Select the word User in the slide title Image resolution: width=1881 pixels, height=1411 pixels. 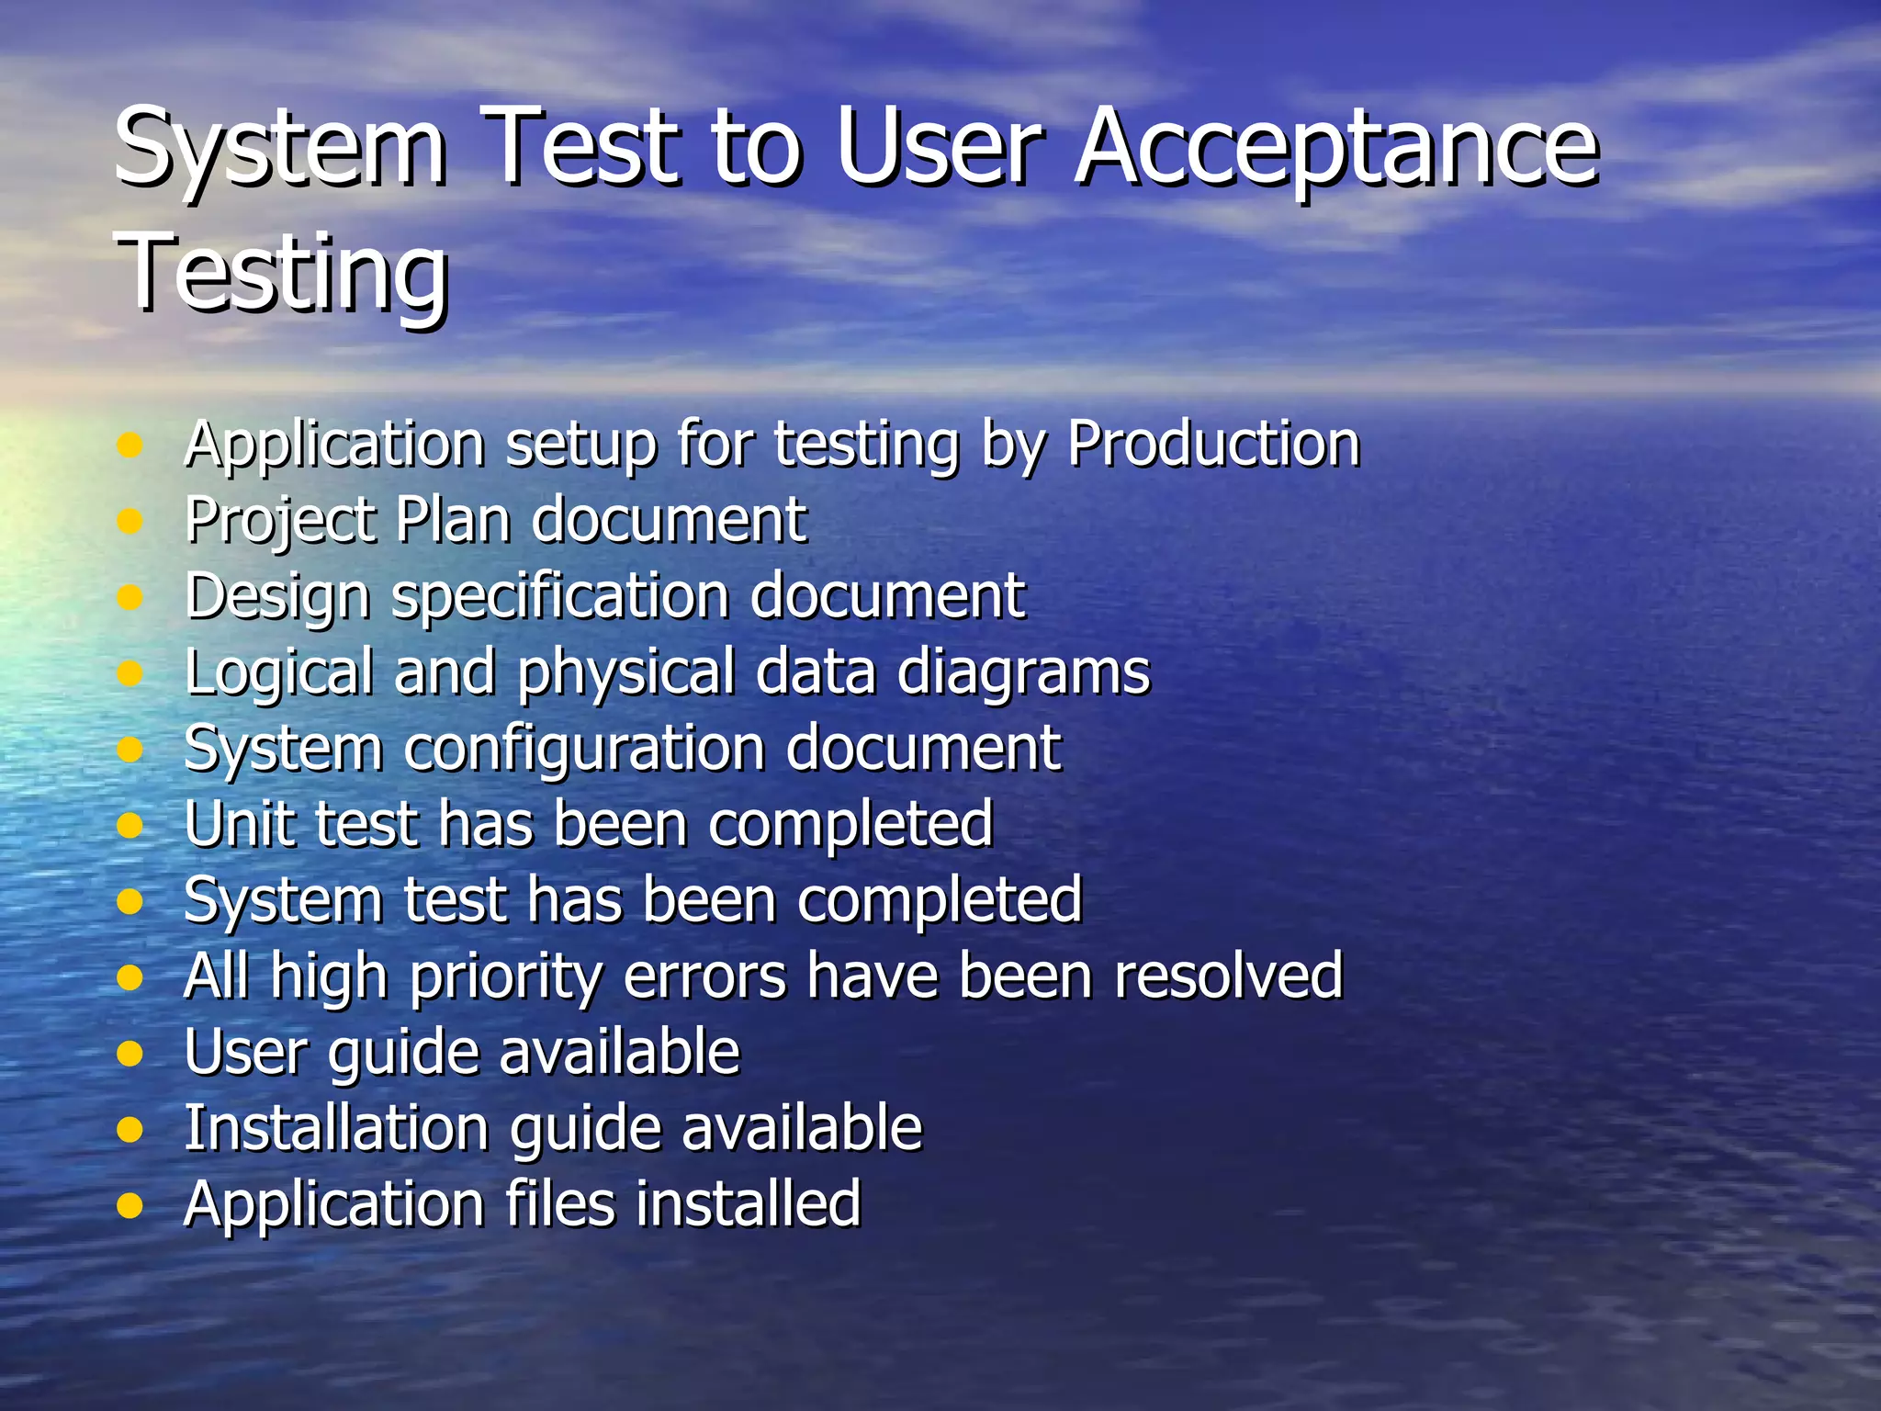coord(940,147)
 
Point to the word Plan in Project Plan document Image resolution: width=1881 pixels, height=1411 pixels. coord(452,520)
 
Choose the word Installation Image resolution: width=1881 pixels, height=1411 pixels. coord(336,1128)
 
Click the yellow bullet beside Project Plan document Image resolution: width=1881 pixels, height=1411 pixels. coord(130,522)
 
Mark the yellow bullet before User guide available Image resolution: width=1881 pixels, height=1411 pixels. coord(130,1053)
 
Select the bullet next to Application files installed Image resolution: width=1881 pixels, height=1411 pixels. coord(130,1204)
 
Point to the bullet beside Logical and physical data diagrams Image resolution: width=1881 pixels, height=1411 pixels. coord(130,673)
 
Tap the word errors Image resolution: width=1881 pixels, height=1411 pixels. coord(704,976)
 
